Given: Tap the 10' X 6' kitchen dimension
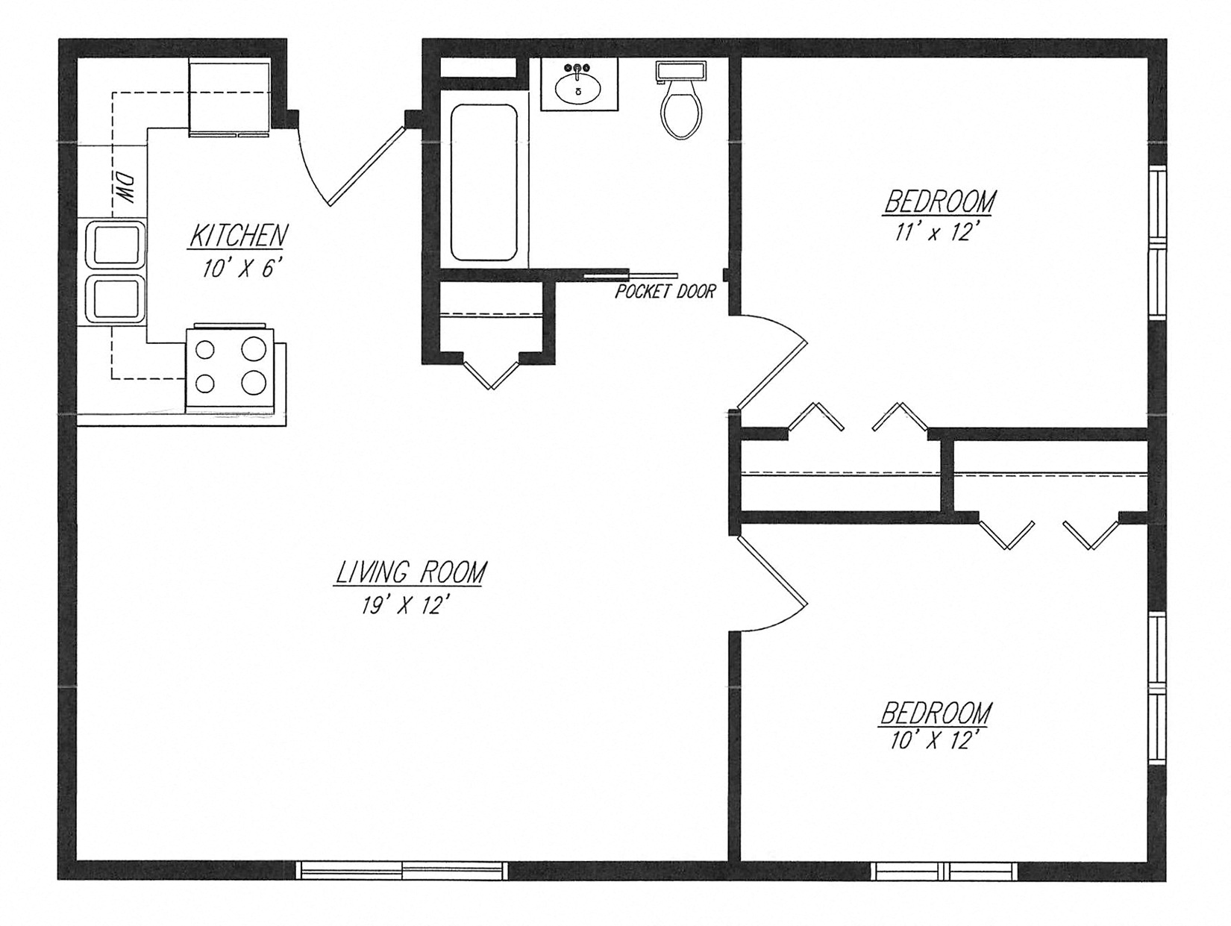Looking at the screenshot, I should (240, 269).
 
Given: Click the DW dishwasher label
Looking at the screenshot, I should (125, 190).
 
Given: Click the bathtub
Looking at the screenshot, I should (483, 182).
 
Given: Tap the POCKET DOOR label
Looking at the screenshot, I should (665, 292).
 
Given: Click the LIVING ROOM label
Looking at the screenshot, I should (411, 572).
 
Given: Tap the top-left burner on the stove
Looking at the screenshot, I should (205, 349).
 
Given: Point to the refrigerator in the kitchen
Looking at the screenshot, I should (230, 97).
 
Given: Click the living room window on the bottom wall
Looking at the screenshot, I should (402, 870).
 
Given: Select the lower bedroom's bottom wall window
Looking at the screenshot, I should (945, 871).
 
